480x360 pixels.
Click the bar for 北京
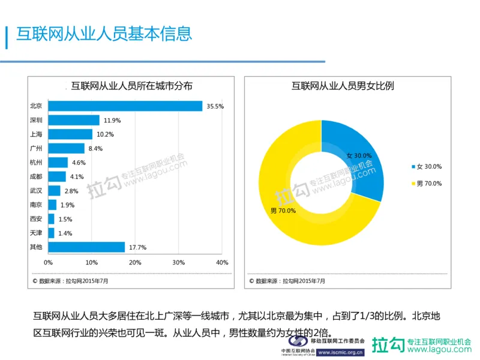(125, 106)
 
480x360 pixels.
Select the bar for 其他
(86, 247)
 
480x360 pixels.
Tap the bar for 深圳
(74, 120)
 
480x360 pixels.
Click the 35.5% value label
(215, 106)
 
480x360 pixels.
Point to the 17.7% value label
(137, 247)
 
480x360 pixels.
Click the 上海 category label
(35, 134)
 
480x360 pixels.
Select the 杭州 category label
(35, 163)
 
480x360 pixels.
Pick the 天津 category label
(35, 233)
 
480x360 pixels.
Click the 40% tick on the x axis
(222, 263)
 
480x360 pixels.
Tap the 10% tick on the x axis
(91, 263)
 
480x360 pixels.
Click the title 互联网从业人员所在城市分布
(132, 86)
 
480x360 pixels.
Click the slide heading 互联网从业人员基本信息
(103, 34)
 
